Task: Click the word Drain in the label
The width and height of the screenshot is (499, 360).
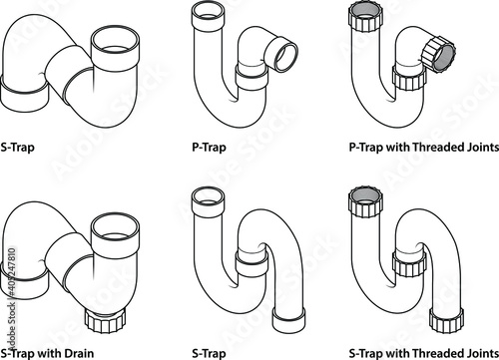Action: pos(79,353)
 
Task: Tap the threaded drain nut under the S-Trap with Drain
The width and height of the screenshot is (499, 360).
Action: pos(105,320)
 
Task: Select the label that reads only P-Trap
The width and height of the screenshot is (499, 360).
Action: pos(209,147)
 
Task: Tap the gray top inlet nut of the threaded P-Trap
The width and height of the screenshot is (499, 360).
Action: pos(365,17)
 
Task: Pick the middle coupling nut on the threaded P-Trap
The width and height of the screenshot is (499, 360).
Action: pos(409,79)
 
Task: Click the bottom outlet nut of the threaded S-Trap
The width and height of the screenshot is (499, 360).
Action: pos(446,320)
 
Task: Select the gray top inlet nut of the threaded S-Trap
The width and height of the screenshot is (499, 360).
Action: pos(365,201)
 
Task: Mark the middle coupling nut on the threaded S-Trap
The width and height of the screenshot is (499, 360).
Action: pos(409,263)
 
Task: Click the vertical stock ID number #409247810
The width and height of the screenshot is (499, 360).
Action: pos(12,277)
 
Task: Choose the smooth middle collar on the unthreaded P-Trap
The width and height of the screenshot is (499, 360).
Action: pos(251,77)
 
